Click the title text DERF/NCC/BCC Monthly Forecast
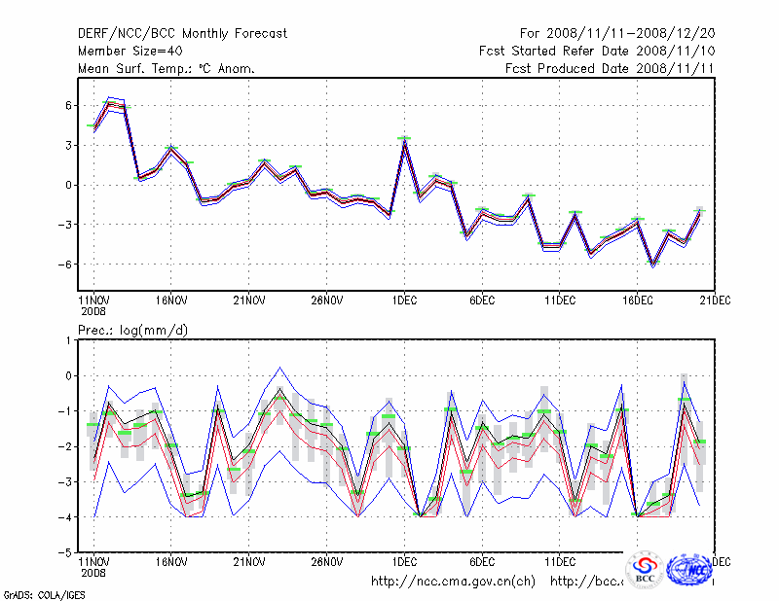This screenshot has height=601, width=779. click(182, 34)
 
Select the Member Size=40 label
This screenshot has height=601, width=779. click(130, 52)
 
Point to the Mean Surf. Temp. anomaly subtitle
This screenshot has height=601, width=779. click(167, 69)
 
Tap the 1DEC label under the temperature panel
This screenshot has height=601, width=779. click(404, 300)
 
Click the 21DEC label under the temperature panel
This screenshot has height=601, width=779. click(716, 300)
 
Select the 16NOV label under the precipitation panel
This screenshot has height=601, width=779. click(170, 562)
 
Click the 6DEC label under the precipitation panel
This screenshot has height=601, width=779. click(482, 562)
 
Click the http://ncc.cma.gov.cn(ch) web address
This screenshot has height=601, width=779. click(453, 582)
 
